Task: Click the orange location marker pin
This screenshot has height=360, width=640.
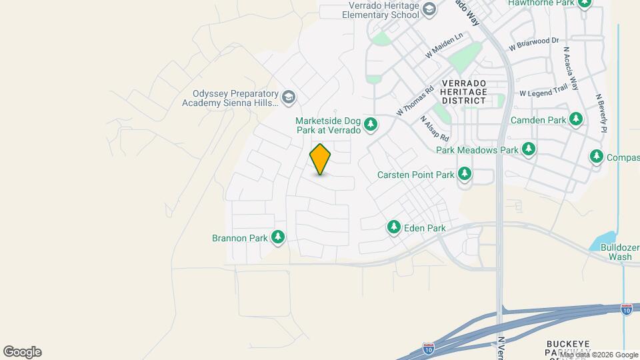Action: tap(321, 159)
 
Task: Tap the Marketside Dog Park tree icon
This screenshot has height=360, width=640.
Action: tap(371, 125)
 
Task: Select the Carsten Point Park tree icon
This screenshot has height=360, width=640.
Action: tap(464, 175)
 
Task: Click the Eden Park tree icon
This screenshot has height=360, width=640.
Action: tap(394, 228)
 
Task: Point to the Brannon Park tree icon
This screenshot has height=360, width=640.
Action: tap(277, 237)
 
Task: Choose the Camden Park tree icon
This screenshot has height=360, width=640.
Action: tap(576, 120)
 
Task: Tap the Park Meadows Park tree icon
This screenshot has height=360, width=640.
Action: tap(529, 149)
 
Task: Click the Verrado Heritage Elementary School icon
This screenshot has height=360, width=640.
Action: tap(429, 9)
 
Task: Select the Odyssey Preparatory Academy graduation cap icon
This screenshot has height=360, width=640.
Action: tap(288, 98)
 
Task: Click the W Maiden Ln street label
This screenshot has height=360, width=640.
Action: tap(445, 45)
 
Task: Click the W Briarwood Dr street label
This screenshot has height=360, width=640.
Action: tap(533, 44)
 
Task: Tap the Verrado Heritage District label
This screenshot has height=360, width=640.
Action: tap(465, 91)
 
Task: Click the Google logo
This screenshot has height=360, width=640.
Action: tap(22, 351)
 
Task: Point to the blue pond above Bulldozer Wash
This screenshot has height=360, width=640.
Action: tap(604, 240)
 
